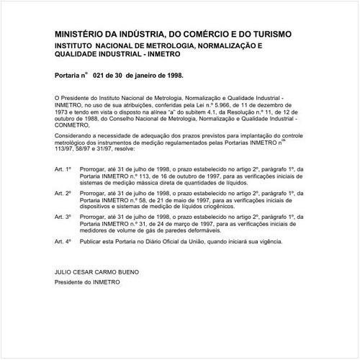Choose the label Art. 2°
click(63, 193)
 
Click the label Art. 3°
click(63, 217)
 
